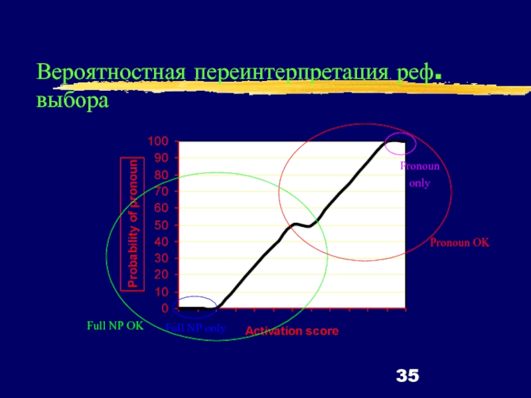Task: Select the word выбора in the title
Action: click(72, 101)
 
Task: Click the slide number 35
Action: click(408, 376)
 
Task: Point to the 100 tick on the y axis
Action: click(158, 141)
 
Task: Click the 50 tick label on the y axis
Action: click(161, 225)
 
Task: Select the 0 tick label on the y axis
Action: click(165, 308)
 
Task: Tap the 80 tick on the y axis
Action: click(161, 175)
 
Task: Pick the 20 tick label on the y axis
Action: click(161, 275)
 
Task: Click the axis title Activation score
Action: click(292, 331)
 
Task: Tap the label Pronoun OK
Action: click(459, 243)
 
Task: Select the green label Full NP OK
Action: click(115, 326)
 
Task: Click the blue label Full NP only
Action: click(196, 328)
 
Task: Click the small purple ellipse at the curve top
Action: click(400, 143)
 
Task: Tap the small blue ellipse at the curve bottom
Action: click(194, 307)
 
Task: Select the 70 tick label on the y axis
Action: click(161, 192)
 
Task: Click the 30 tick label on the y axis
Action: click(161, 258)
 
